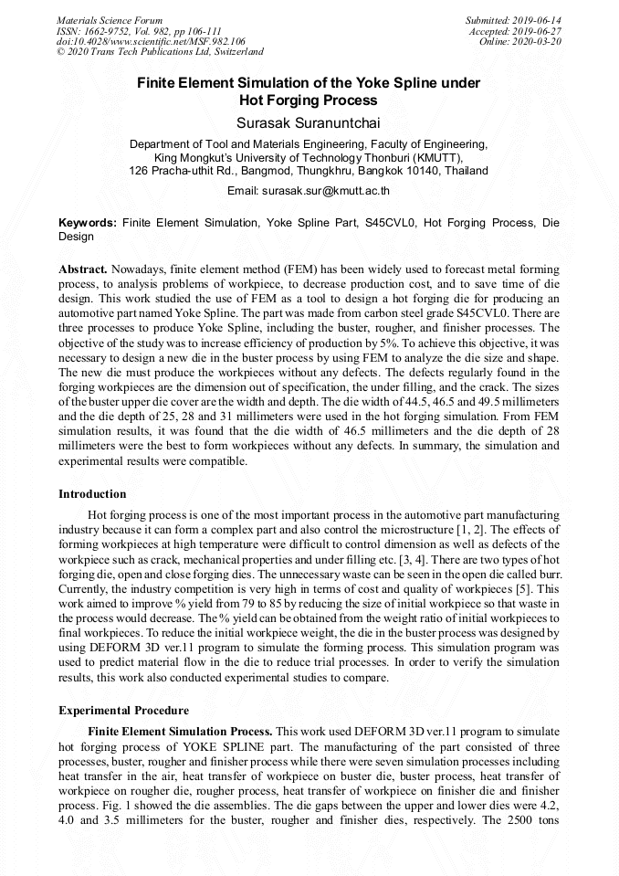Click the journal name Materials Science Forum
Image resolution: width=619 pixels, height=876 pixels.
[x=110, y=20]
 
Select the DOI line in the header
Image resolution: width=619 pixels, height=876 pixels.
[x=151, y=41]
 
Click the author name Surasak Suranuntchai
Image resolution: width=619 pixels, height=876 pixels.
[x=309, y=121]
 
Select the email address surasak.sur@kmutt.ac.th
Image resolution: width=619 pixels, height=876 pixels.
[x=326, y=191]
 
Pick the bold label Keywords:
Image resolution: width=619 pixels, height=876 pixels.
[x=88, y=223]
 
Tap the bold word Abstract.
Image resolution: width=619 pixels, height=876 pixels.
[x=83, y=270]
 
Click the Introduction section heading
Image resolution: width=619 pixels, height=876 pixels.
[x=92, y=494]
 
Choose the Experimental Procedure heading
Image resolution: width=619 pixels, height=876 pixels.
[x=123, y=710]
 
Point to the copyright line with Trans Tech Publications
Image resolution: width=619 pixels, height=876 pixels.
[x=160, y=52]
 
